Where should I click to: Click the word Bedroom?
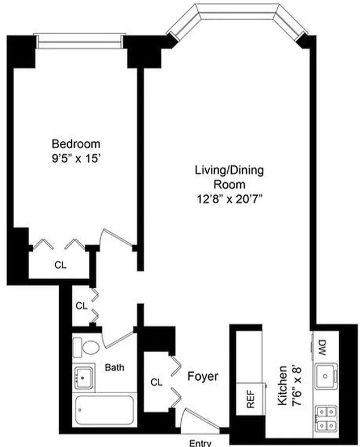click(76, 144)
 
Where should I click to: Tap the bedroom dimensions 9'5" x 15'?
click(76, 159)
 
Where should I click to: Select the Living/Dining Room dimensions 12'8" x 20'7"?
click(229, 199)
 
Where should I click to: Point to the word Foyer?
click(203, 376)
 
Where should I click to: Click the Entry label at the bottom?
click(200, 443)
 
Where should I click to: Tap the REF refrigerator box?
click(251, 399)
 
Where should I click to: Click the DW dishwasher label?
click(322, 347)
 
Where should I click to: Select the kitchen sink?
click(326, 376)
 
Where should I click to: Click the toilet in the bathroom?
click(86, 347)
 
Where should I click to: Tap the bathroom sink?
click(84, 378)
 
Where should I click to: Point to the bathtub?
click(104, 411)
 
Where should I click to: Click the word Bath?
click(115, 367)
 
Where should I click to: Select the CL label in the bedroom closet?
click(60, 265)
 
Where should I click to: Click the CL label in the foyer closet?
click(156, 382)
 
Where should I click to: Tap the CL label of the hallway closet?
click(81, 306)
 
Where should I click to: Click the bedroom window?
click(79, 41)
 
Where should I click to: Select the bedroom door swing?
click(117, 239)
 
